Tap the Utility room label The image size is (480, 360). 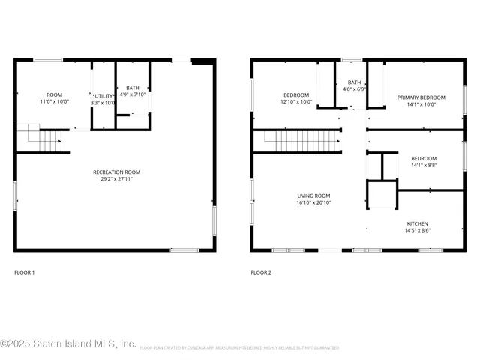[x=103, y=96]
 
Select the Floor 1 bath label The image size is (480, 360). [x=133, y=88]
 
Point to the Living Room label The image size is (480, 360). [x=313, y=196]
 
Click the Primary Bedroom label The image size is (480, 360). [x=421, y=97]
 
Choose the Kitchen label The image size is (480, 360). [x=418, y=224]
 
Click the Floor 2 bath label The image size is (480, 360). [x=354, y=82]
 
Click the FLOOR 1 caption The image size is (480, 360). [x=25, y=272]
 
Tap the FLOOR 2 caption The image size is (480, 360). [x=261, y=272]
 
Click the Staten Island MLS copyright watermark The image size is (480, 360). [x=67, y=344]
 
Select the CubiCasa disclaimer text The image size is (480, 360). [x=239, y=348]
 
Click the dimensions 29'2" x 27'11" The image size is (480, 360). [x=115, y=179]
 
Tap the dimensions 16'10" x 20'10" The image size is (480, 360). [x=313, y=202]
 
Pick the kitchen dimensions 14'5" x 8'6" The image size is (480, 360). [x=418, y=230]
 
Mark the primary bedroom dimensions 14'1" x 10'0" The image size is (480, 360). [x=421, y=104]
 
